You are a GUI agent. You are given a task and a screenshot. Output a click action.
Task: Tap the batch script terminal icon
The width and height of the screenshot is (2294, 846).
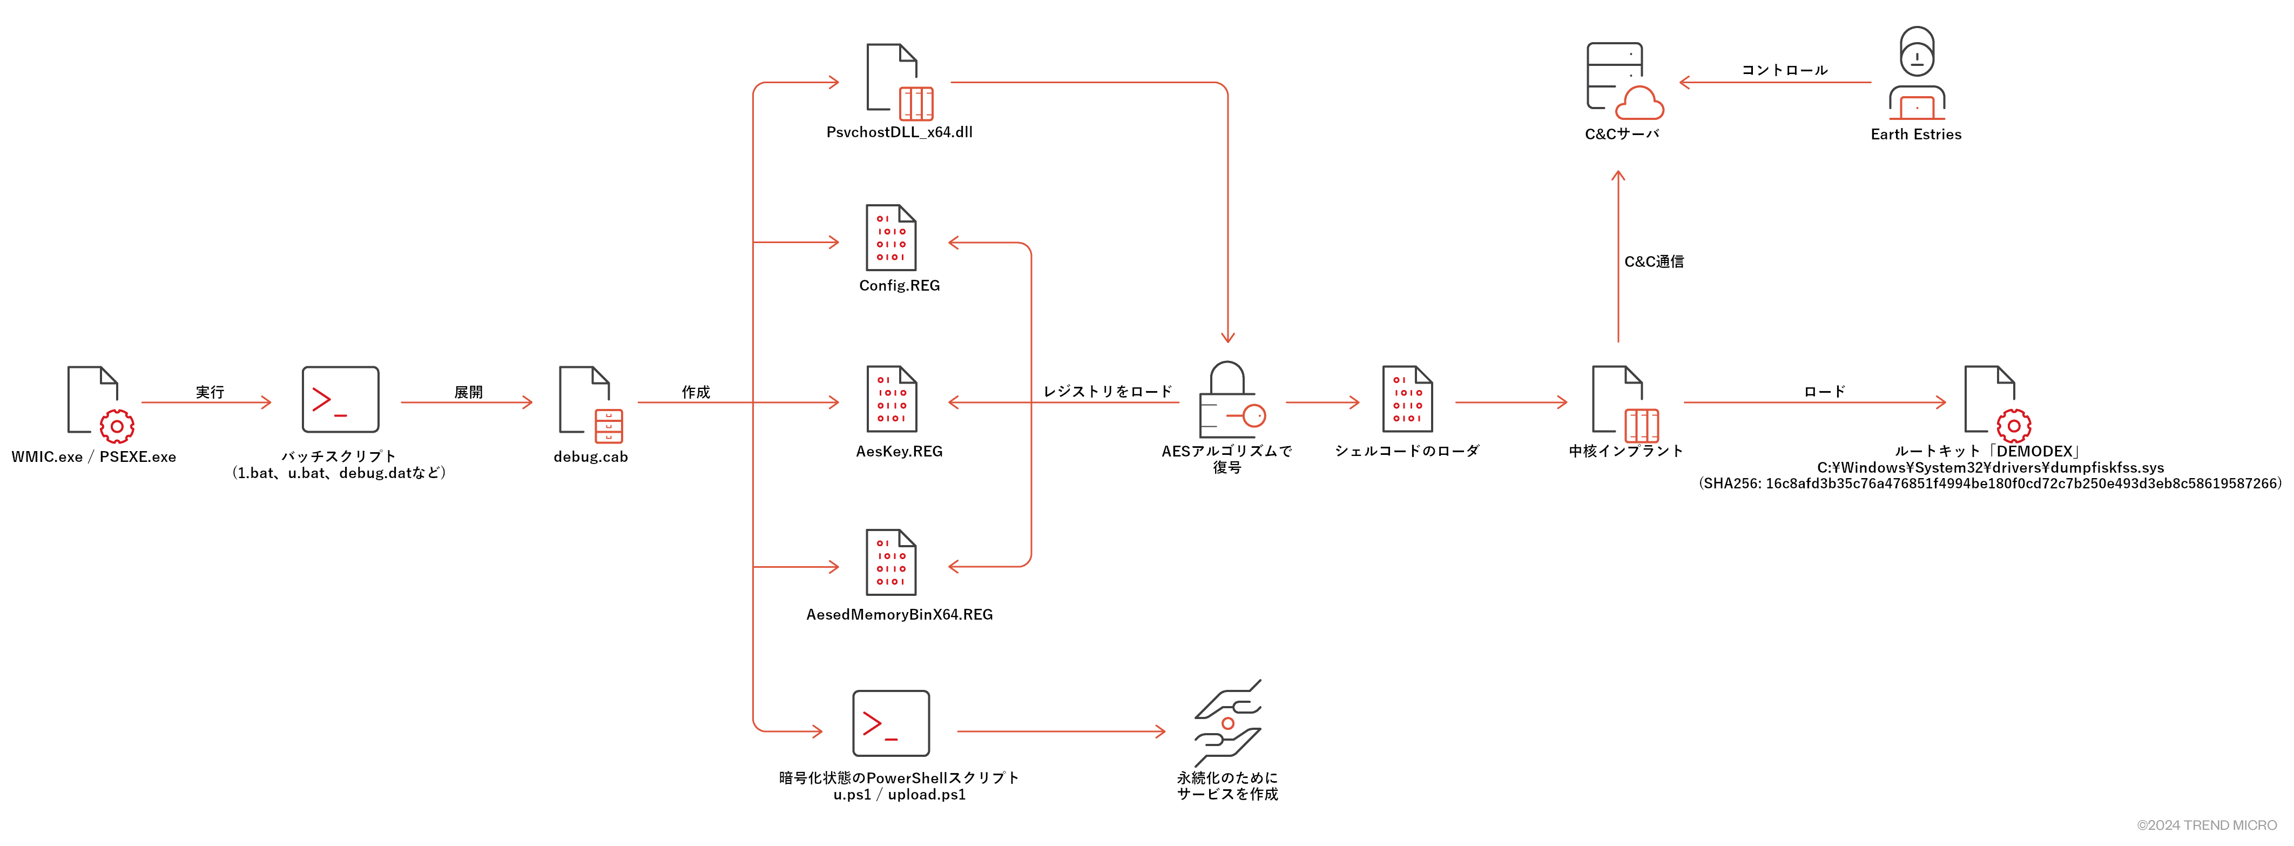340,400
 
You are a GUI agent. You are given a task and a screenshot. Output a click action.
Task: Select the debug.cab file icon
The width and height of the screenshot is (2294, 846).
590,404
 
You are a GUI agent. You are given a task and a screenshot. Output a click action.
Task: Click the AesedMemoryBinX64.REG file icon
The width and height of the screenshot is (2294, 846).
890,563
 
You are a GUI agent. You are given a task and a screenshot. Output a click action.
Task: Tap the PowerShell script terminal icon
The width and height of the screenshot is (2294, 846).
890,723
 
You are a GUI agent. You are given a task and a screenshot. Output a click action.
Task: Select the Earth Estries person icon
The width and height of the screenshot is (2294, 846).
1917,73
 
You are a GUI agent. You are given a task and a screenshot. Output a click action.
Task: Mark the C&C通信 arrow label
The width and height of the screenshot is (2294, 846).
1654,262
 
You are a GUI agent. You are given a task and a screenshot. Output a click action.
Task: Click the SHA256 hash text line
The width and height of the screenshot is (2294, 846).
1991,484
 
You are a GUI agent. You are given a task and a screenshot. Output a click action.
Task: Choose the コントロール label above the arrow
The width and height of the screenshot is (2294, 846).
1784,70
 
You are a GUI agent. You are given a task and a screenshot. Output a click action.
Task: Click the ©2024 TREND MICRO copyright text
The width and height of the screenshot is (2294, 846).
2206,825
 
